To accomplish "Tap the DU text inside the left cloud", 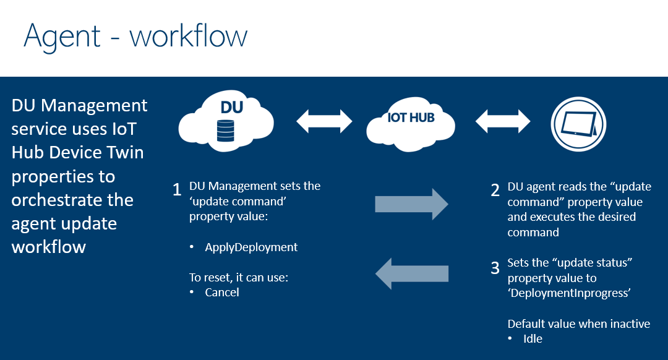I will [232, 108].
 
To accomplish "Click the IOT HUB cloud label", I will [411, 118].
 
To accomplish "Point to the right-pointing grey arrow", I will [411, 204].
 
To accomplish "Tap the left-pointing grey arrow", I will [411, 273].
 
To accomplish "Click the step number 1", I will [178, 189].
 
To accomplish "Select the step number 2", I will [495, 190].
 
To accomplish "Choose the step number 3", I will [495, 268].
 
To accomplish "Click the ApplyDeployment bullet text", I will [251, 247].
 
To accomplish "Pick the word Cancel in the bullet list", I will [222, 293].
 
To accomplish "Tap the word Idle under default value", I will [533, 339].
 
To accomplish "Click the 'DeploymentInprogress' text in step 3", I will [569, 293].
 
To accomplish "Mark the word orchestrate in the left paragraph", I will [72, 200].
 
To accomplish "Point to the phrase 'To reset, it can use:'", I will [239, 278].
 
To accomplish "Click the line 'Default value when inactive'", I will [579, 324].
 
